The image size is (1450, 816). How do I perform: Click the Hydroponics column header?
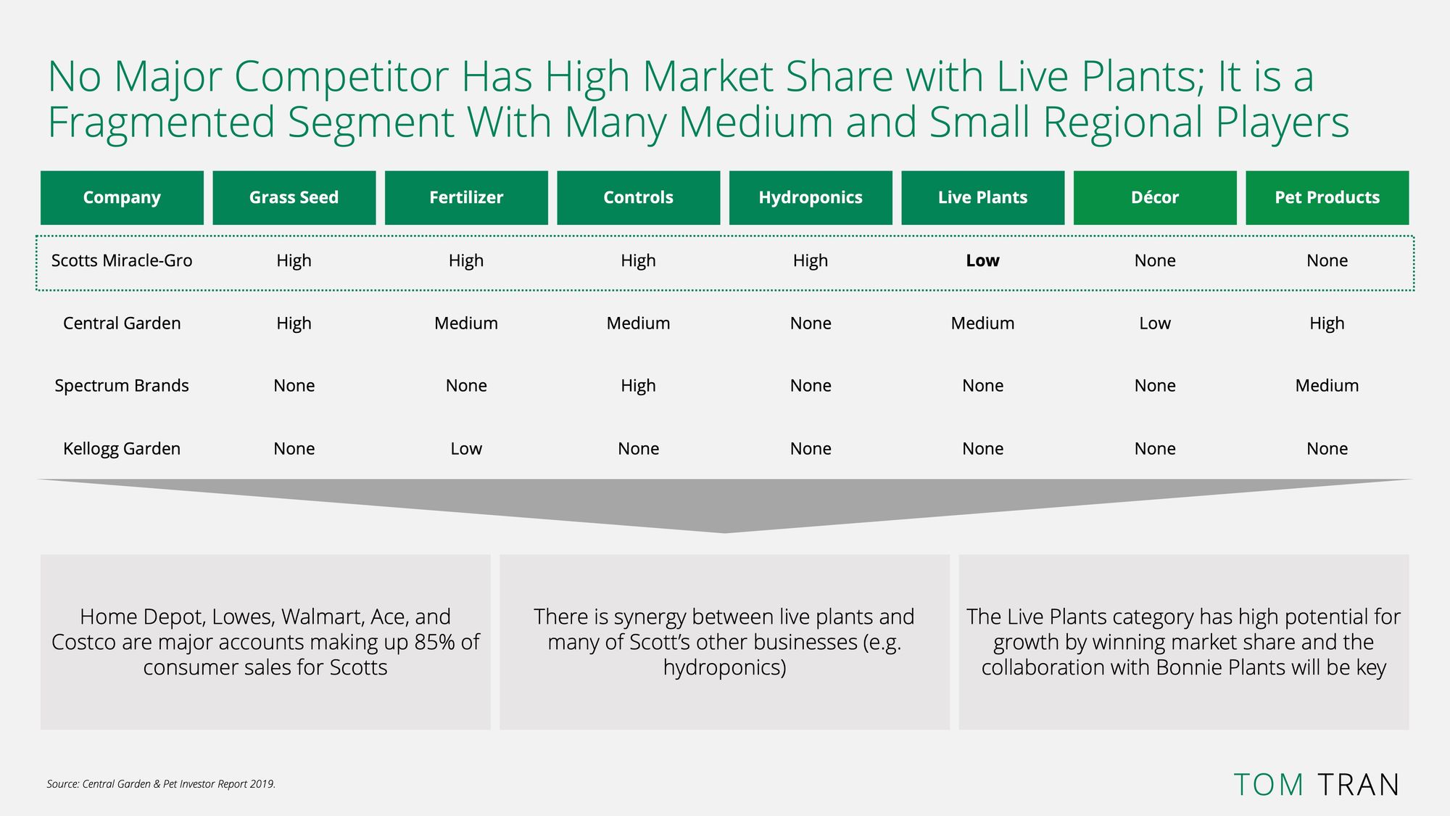point(811,197)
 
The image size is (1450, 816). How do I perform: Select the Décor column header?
point(1155,197)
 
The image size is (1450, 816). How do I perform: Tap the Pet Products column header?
point(1327,197)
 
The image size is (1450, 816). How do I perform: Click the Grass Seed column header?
point(294,197)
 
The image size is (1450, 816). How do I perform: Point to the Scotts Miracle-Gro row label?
point(122,260)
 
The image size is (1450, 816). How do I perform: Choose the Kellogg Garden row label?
point(122,448)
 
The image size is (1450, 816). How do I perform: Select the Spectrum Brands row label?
point(122,385)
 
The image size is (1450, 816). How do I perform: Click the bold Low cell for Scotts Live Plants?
point(982,260)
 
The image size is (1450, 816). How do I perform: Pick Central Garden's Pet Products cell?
point(1327,323)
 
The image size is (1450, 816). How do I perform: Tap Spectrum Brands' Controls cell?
point(638,386)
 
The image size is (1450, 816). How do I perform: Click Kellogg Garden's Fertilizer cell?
point(466,448)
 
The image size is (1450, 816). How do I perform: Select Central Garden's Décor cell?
point(1155,323)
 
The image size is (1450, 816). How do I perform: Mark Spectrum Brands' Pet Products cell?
point(1327,385)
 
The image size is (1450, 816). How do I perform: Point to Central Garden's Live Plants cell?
point(982,323)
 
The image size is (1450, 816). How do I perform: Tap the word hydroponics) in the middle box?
point(724,668)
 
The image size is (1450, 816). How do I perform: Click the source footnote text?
point(161,784)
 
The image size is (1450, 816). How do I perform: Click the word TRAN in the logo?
point(1358,785)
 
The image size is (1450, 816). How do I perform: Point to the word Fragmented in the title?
point(162,123)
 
